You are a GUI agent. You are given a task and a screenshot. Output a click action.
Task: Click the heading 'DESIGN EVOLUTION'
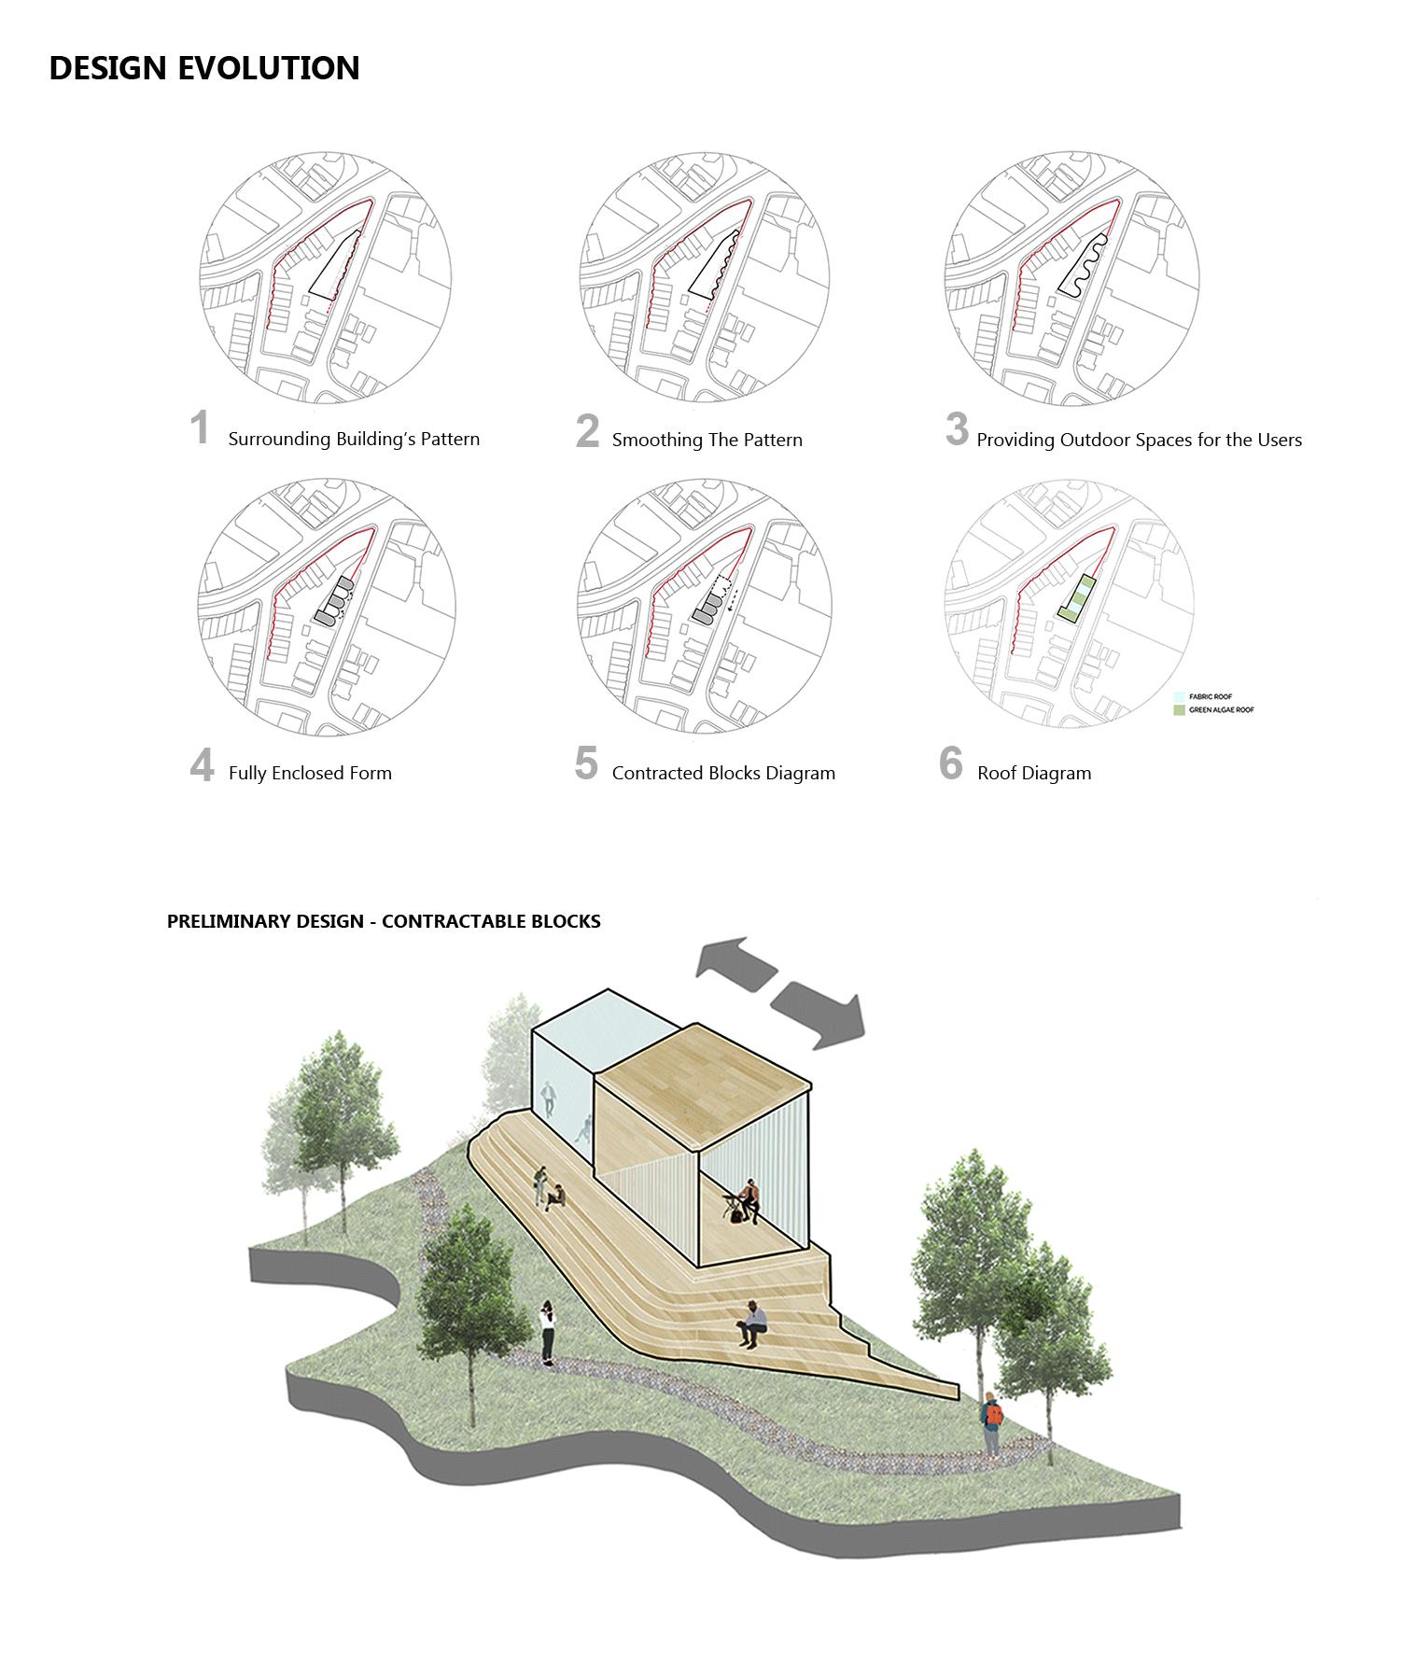coord(203,68)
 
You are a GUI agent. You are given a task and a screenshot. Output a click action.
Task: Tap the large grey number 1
coord(200,428)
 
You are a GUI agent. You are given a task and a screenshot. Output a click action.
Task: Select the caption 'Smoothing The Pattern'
coord(707,440)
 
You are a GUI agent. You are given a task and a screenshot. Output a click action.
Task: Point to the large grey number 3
coord(957,428)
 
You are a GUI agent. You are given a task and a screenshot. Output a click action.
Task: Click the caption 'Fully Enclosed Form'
coord(310,773)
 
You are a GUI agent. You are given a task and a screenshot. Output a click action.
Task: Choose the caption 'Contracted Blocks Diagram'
coord(723,773)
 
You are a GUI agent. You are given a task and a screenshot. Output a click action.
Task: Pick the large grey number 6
coord(951,763)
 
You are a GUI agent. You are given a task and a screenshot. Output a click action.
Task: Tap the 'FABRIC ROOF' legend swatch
coord(1179,696)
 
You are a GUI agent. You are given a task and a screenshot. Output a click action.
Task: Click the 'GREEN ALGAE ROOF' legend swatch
coord(1179,710)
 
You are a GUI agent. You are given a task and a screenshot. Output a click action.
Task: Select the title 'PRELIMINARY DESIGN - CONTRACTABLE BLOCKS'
coord(384,921)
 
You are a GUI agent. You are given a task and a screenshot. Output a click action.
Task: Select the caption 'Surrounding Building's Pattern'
coord(354,439)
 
